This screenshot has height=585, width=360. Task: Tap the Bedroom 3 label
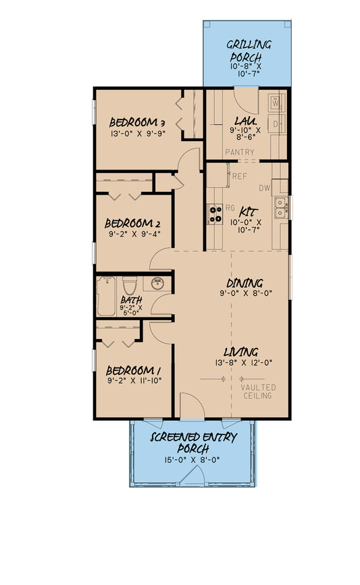pyautogui.click(x=138, y=122)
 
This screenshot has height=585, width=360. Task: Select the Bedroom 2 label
pyautogui.click(x=133, y=224)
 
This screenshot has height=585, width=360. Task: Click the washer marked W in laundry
pyautogui.click(x=276, y=103)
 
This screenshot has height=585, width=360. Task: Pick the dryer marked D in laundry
pyautogui.click(x=276, y=124)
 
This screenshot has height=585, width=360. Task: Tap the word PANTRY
pyautogui.click(x=240, y=153)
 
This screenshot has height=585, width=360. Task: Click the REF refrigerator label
pyautogui.click(x=238, y=176)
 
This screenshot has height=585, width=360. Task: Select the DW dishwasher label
pyautogui.click(x=264, y=188)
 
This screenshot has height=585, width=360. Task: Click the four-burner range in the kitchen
pyautogui.click(x=215, y=213)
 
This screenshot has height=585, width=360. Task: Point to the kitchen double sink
pyautogui.click(x=280, y=207)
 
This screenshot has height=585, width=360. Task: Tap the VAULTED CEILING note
pyautogui.click(x=258, y=391)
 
